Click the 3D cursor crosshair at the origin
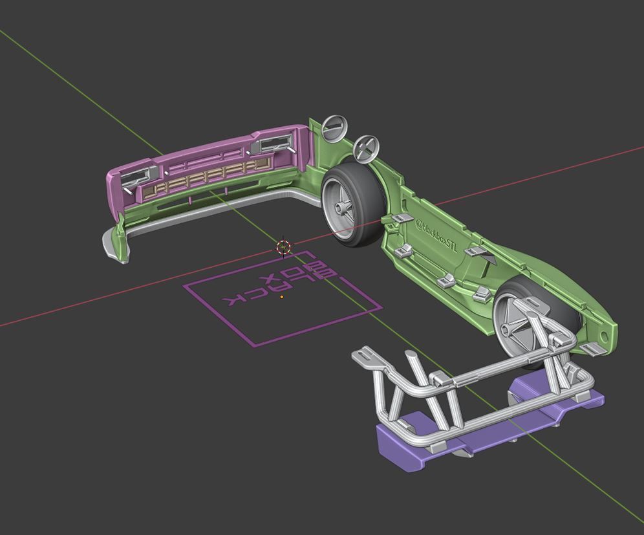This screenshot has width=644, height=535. pyautogui.click(x=283, y=246)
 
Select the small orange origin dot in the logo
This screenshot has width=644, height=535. pyautogui.click(x=281, y=297)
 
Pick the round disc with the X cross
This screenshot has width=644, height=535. pyautogui.click(x=365, y=148)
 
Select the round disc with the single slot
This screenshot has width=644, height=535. pyautogui.click(x=334, y=127)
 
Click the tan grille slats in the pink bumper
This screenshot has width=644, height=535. pyautogui.click(x=200, y=180)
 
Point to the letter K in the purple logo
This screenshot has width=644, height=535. pyautogui.click(x=235, y=299)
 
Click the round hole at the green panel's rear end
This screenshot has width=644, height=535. pyautogui.click(x=604, y=337)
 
